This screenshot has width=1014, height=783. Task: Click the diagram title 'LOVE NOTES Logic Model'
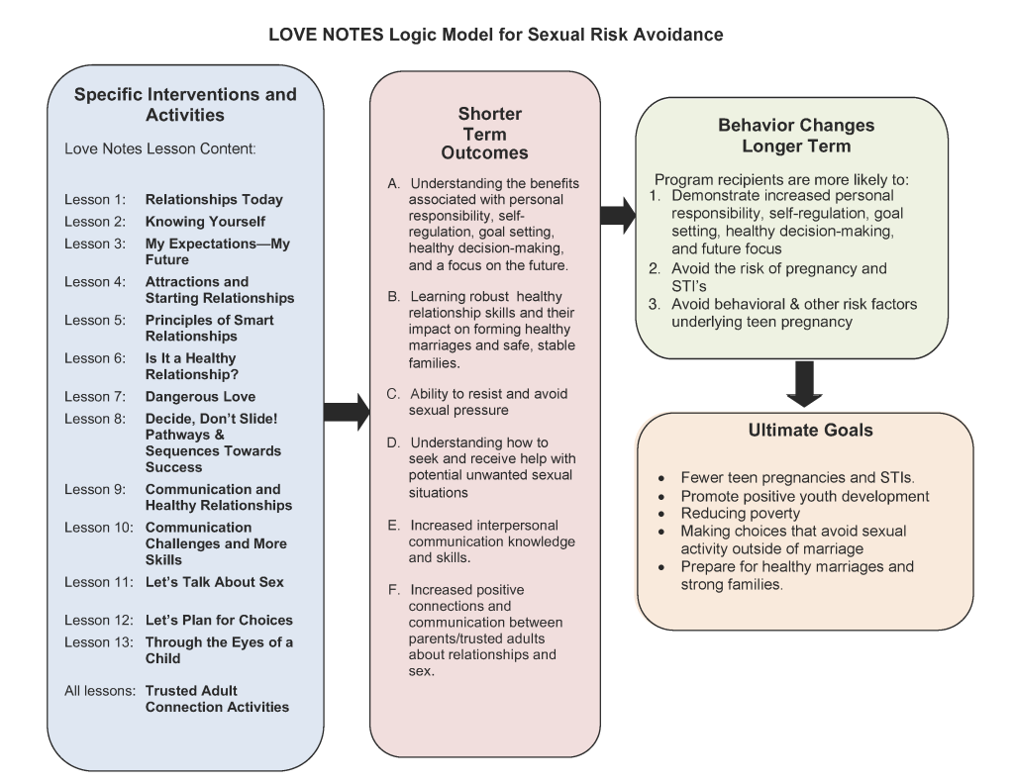tap(382, 35)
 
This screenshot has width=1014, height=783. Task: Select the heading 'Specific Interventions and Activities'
tap(185, 105)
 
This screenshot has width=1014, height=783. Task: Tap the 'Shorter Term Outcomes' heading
tap(485, 134)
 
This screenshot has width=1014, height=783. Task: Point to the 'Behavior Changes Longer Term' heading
tap(796, 136)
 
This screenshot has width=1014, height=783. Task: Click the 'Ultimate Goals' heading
tap(810, 430)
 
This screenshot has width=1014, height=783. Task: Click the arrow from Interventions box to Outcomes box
tap(347, 412)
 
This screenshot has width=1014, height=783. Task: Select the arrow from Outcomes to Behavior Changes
tap(618, 216)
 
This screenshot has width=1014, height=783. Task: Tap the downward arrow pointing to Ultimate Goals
tap(804, 384)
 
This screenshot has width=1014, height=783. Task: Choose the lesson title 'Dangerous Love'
tap(200, 396)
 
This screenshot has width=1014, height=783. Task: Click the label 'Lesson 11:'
tap(99, 582)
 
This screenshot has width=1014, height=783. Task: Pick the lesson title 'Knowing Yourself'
tap(205, 222)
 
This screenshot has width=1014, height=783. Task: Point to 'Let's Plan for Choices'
tap(219, 620)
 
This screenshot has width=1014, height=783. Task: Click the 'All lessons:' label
tap(100, 691)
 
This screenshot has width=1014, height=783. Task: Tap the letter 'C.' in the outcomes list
tap(393, 394)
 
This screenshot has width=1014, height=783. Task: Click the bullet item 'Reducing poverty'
tap(741, 514)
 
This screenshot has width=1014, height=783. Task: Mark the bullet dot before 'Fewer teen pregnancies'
tap(661, 479)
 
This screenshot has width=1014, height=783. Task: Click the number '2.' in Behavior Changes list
tap(656, 268)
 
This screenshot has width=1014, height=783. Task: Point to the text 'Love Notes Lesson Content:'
tap(160, 148)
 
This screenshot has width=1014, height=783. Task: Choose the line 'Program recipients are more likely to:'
tap(782, 179)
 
